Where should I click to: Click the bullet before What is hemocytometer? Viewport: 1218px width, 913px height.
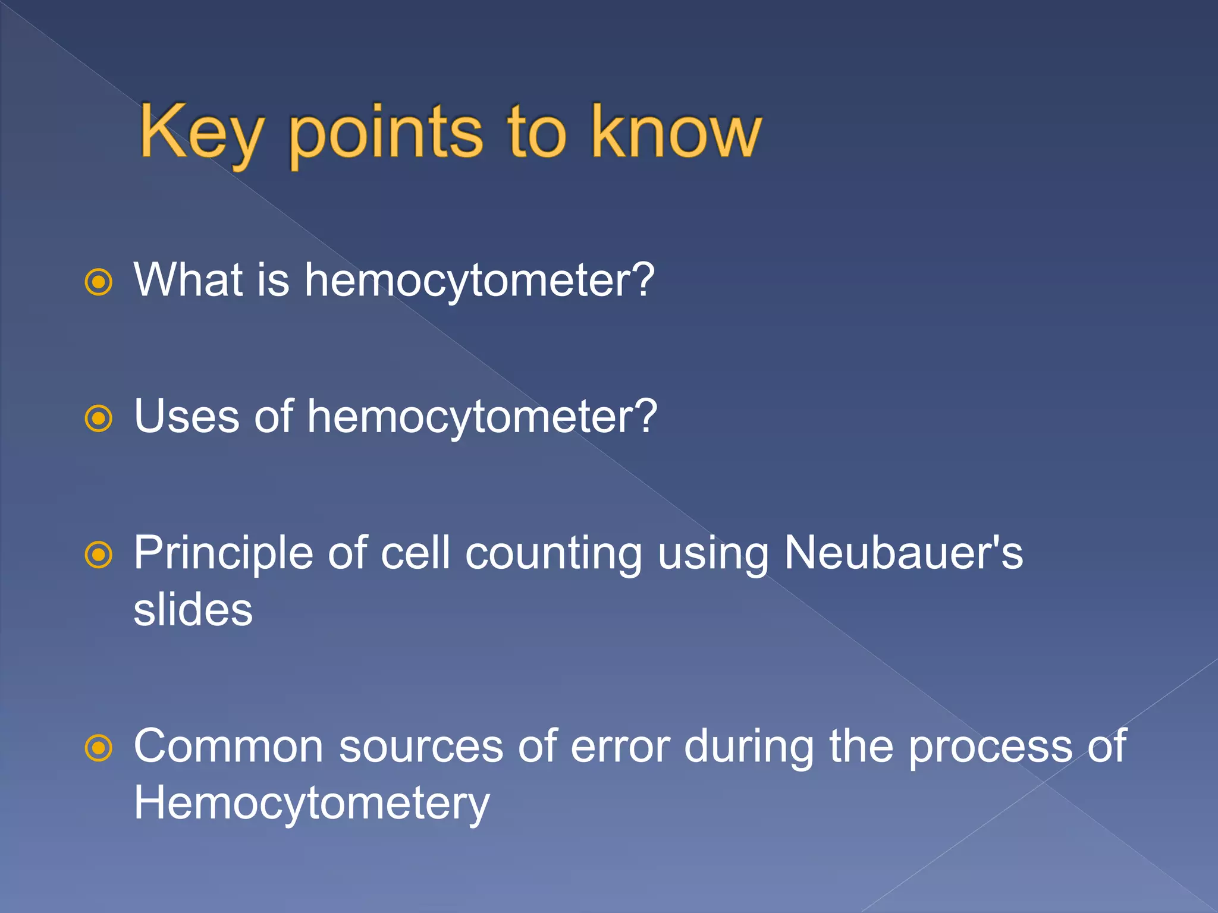pos(99,282)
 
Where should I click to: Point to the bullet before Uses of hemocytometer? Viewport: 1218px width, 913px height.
pos(99,418)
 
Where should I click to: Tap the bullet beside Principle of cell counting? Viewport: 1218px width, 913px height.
pos(99,555)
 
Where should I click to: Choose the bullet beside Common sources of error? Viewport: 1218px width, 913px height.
pos(99,748)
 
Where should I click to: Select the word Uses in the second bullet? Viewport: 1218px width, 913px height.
pos(187,416)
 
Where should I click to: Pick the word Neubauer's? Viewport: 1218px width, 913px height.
pos(903,553)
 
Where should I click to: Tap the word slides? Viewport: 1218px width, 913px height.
pos(193,610)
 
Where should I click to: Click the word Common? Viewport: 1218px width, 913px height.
pos(228,747)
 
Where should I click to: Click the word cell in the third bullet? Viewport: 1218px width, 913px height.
pos(415,553)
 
